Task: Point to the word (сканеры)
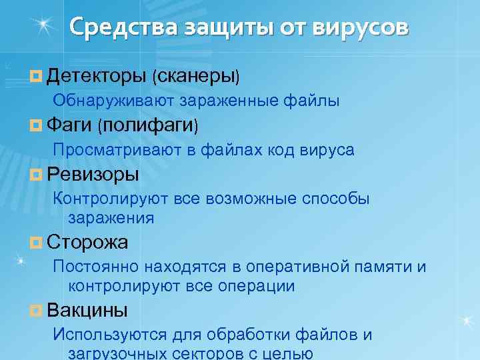[x=195, y=76]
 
